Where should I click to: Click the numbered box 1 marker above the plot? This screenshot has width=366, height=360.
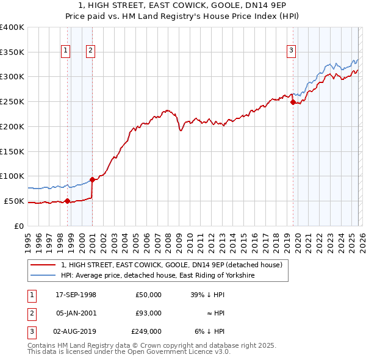65,51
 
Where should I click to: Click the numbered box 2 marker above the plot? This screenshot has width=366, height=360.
90,51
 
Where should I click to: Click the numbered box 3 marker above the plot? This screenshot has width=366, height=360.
291,51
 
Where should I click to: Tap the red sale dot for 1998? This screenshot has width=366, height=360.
67,201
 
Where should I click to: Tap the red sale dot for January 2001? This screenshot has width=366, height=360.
92,179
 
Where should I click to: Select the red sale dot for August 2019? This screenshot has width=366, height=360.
293,103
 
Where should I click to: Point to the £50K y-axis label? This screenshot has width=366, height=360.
13,201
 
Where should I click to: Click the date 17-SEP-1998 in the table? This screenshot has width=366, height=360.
76,295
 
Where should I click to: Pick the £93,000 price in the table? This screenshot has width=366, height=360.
148,313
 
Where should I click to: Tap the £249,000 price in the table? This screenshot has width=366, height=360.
147,331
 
